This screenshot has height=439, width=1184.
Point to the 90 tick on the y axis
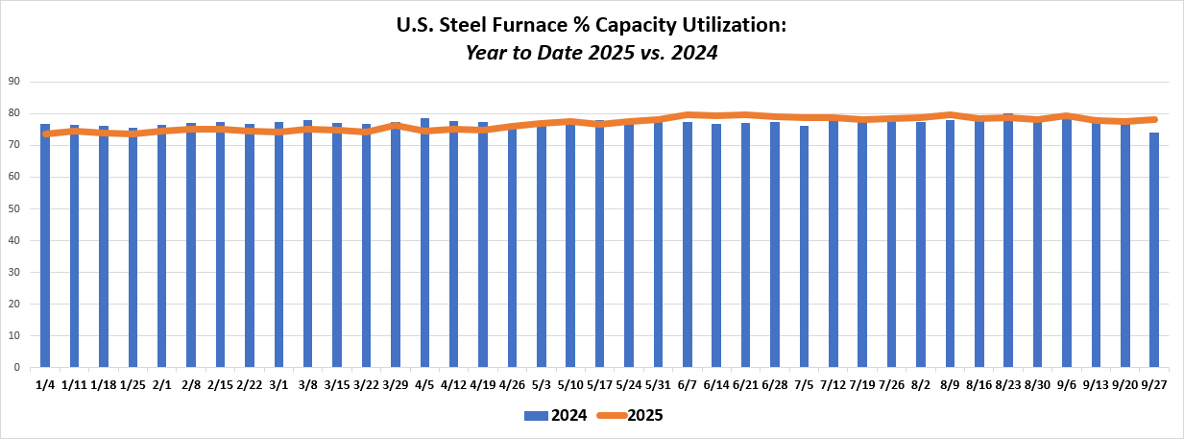pos(14,82)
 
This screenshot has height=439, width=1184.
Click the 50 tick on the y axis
pos(14,208)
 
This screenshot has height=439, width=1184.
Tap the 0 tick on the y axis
pos(17,367)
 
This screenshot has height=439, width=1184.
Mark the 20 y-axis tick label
pos(14,304)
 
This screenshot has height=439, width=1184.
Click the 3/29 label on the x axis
pos(396,385)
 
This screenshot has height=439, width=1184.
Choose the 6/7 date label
pos(688,385)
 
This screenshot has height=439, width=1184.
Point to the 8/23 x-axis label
pos(1007,385)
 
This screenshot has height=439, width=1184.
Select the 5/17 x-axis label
pos(599,385)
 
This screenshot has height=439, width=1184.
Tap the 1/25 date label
pos(133,385)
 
